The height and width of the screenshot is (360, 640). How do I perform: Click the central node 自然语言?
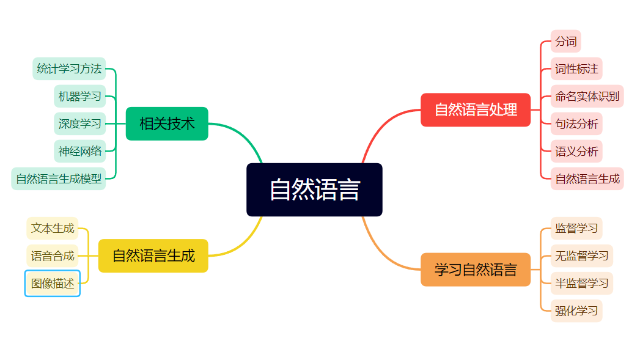pyautogui.click(x=314, y=189)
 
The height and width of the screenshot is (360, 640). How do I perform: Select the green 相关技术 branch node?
pyautogui.click(x=167, y=123)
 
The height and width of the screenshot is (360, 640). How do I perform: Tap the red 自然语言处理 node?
pyautogui.click(x=476, y=110)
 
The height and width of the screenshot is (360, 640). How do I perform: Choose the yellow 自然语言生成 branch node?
pyautogui.click(x=153, y=255)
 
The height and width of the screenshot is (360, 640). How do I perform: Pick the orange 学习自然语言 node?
pyautogui.click(x=476, y=270)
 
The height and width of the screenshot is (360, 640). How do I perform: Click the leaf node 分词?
pyautogui.click(x=565, y=41)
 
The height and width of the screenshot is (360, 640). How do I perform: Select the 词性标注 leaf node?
pyautogui.click(x=576, y=68)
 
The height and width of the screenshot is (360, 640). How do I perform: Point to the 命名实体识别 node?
pyautogui.click(x=587, y=97)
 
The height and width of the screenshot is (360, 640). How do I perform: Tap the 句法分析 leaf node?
pyautogui.click(x=576, y=123)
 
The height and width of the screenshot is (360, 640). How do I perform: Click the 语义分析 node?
pyautogui.click(x=576, y=151)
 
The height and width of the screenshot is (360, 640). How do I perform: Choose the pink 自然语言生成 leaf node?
pyautogui.click(x=587, y=178)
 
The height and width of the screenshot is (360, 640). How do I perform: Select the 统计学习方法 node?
pyautogui.click(x=69, y=68)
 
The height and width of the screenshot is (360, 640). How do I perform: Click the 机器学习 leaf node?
pyautogui.click(x=79, y=97)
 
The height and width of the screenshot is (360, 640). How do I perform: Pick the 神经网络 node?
pyautogui.click(x=79, y=151)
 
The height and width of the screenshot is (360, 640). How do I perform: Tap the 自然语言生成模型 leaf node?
pyautogui.click(x=58, y=178)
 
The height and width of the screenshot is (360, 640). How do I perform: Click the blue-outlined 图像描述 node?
pyautogui.click(x=52, y=283)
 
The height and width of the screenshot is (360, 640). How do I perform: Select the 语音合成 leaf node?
pyautogui.click(x=52, y=255)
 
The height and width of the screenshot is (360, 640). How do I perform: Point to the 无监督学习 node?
pyautogui.click(x=582, y=255)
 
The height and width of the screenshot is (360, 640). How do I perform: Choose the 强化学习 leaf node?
pyautogui.click(x=576, y=310)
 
